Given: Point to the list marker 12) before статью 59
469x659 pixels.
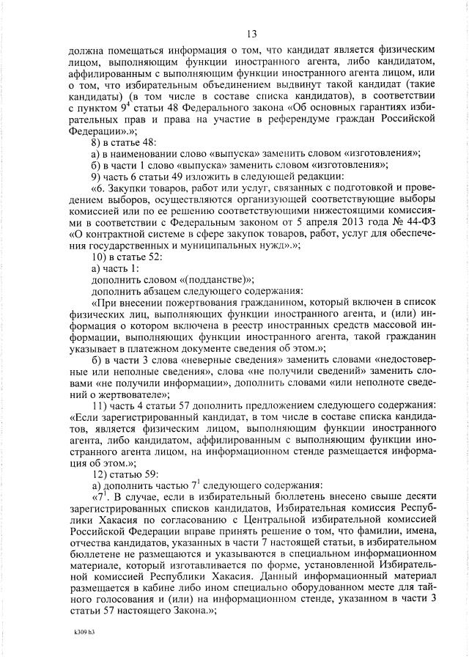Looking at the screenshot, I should [x=100, y=463].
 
